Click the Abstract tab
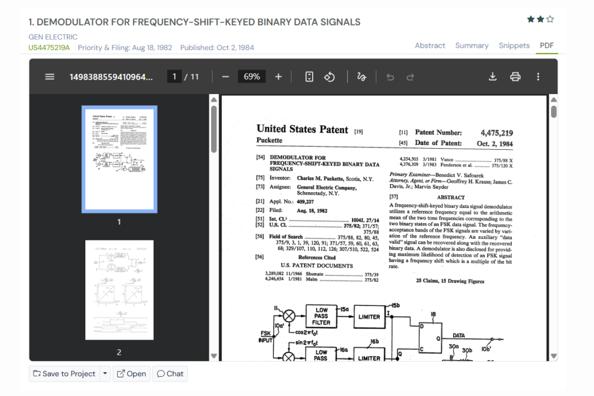pos(430,45)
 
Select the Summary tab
pos(472,45)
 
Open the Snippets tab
pos(514,45)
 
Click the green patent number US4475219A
pos(49,48)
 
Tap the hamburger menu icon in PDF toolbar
pos(50,77)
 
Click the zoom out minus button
pos(226,77)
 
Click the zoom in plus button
pos(278,77)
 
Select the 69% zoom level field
pos(252,77)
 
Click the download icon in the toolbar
pos(492,77)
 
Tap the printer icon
pos(515,77)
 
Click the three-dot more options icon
pos(538,77)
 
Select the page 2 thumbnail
pos(119,290)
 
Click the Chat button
pos(170,373)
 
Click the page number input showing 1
pos(174,77)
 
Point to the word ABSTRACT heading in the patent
pos(451,197)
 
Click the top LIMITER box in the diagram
pos(369,316)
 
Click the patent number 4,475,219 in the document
pos(497,133)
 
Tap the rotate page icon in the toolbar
pos(329,77)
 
